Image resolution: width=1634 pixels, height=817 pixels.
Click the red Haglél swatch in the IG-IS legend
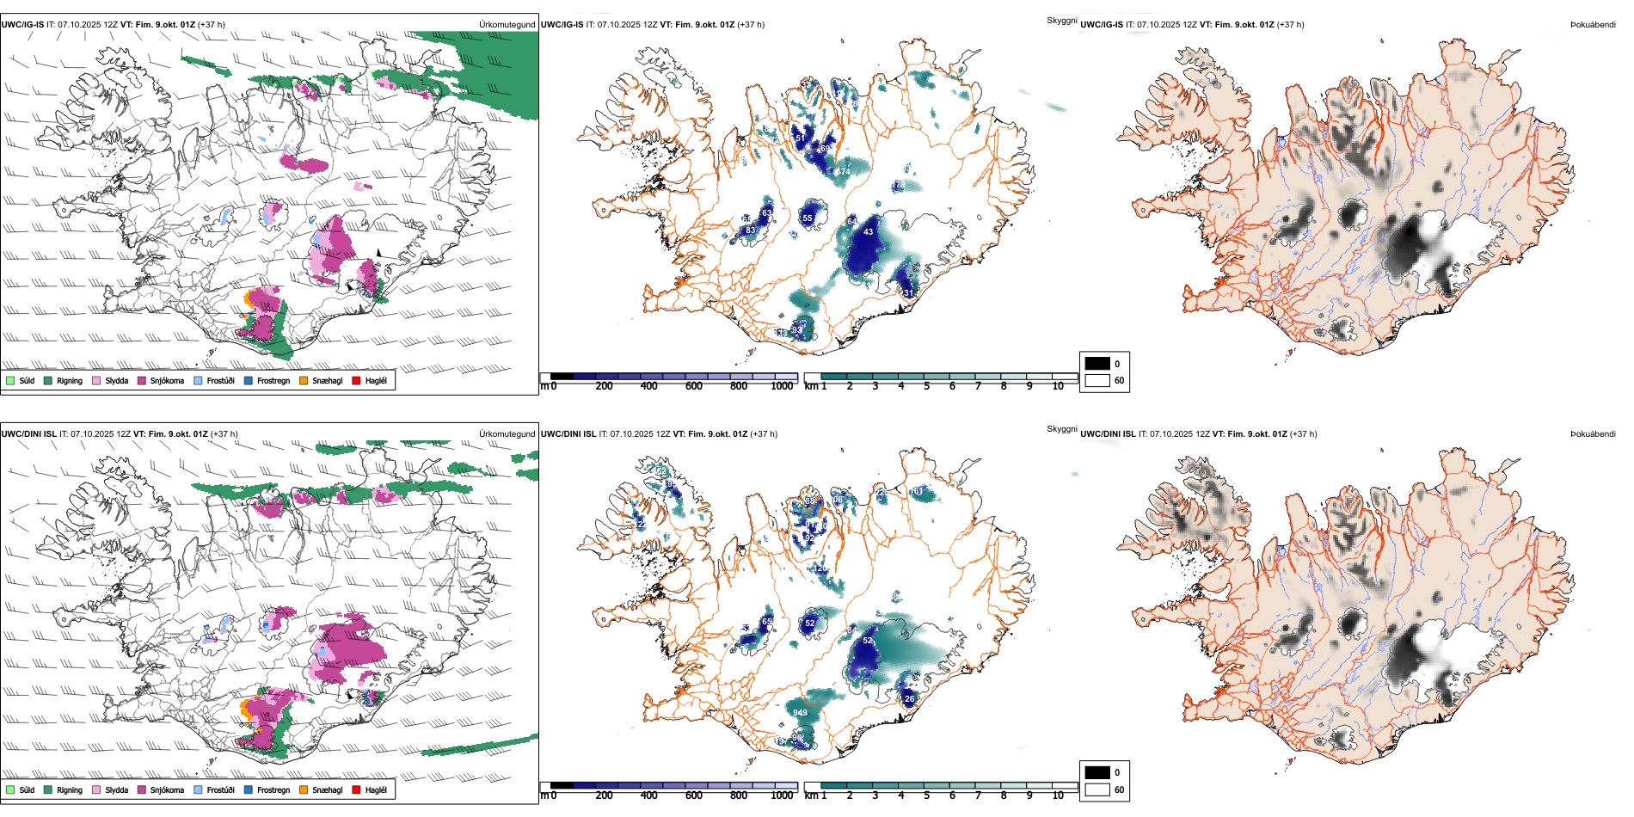(x=356, y=380)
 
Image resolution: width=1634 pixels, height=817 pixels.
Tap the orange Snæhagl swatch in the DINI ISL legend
(x=304, y=789)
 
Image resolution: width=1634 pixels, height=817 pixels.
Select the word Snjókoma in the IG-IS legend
(x=167, y=381)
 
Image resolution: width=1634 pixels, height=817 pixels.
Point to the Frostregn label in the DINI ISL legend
(x=273, y=790)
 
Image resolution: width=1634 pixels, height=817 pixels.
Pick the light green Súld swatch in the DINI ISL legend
(x=10, y=789)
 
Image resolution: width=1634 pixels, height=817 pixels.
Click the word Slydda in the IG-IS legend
(x=117, y=381)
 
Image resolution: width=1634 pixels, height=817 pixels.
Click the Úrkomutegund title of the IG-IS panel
(x=507, y=25)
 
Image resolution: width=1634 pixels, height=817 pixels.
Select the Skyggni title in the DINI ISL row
(x=1061, y=428)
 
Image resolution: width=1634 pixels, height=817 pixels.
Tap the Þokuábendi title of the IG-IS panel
(x=1593, y=25)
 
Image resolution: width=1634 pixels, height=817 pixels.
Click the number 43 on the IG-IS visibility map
(x=868, y=232)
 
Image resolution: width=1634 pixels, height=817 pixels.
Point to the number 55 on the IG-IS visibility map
(x=808, y=218)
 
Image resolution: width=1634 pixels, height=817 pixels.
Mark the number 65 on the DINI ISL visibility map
(x=767, y=621)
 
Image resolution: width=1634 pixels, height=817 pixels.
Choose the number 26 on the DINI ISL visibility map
(x=910, y=698)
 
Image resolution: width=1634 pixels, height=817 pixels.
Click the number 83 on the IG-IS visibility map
(x=751, y=230)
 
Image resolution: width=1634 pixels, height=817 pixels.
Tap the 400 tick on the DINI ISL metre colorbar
(x=648, y=795)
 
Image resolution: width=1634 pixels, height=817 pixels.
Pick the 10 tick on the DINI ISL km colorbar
(x=1058, y=795)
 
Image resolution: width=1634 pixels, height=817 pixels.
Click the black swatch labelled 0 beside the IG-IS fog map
(x=1097, y=363)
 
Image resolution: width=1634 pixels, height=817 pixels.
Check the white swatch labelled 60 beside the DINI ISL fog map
(x=1097, y=789)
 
